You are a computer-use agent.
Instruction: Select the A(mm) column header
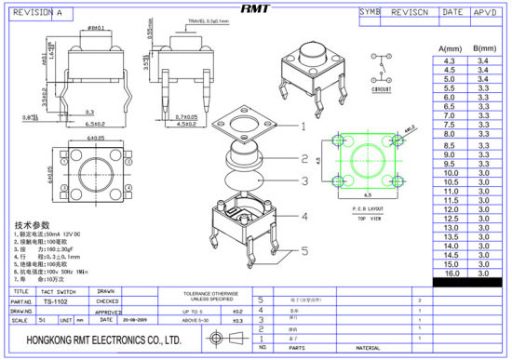point(450,48)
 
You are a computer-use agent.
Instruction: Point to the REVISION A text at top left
point(38,14)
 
